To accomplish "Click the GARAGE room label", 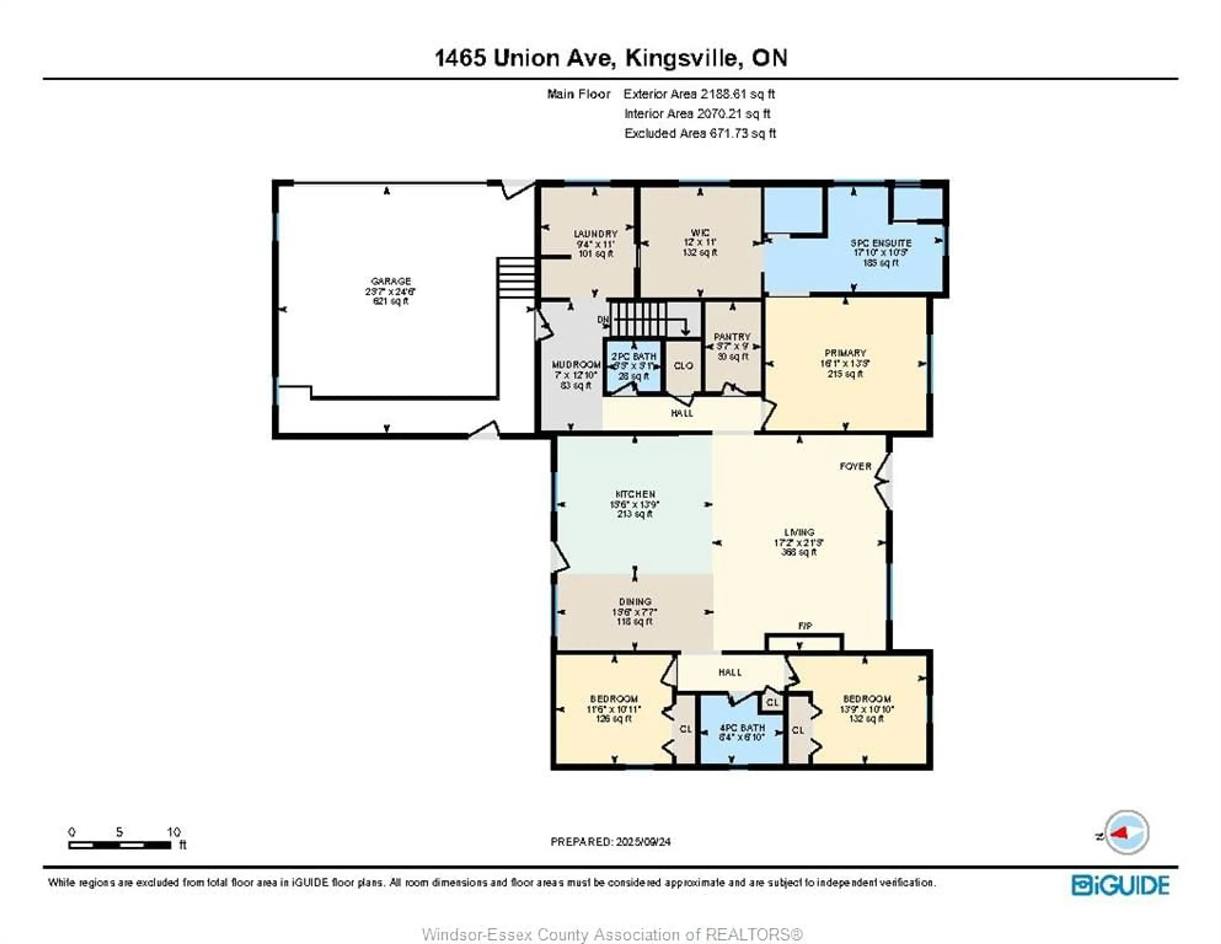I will pos(391,281).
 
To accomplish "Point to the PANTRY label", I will pos(732,337).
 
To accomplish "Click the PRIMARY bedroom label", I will pos(845,353).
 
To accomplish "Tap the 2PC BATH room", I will pos(633,366).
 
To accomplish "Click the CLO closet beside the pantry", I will pos(683,366).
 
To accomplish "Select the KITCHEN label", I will pos(635,494).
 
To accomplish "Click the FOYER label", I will pos(855,466).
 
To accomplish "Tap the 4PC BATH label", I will pos(742,728).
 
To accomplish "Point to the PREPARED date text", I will pos(610,842).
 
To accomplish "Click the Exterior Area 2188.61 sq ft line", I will pos(699,94).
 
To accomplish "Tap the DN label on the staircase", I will pos(603,320).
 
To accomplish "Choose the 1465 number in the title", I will pos(460,58).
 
